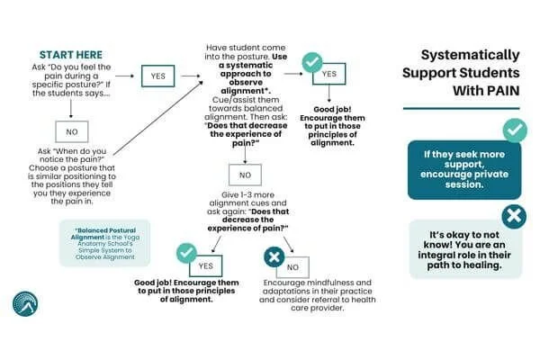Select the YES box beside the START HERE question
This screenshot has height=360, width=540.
click(x=157, y=77)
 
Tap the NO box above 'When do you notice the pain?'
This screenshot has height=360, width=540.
click(x=70, y=131)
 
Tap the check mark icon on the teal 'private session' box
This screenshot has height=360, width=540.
click(x=514, y=130)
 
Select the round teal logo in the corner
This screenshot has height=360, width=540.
click(x=25, y=304)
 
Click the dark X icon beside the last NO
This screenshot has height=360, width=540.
click(x=271, y=258)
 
